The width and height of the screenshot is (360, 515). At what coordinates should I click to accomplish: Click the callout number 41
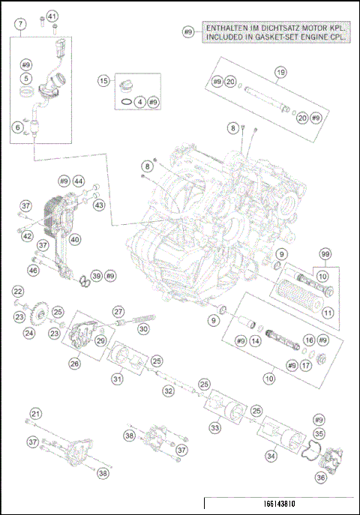[x=52, y=16]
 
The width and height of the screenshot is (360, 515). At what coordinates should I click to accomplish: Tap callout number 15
[x=104, y=81]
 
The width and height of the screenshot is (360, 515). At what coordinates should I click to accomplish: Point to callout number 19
[x=280, y=73]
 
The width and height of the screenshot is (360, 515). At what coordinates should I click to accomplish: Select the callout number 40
[x=75, y=240]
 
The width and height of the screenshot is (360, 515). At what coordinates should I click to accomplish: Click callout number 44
[x=78, y=181]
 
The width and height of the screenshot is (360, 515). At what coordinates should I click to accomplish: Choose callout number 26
[x=75, y=364]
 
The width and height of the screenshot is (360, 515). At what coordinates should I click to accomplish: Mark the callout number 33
[x=215, y=427]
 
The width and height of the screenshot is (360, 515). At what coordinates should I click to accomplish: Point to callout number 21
[x=35, y=414]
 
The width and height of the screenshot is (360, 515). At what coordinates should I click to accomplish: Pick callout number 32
[x=169, y=391]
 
